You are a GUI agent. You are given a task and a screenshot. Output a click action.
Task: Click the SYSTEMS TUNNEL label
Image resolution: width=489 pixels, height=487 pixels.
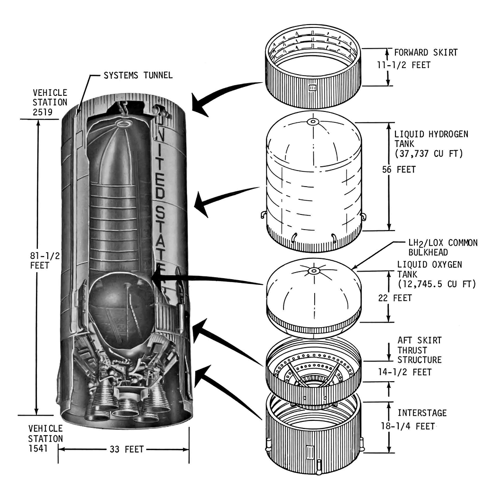pyautogui.click(x=138, y=75)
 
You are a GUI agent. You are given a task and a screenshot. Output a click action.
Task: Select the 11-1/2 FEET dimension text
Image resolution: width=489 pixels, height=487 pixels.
pyautogui.click(x=410, y=65)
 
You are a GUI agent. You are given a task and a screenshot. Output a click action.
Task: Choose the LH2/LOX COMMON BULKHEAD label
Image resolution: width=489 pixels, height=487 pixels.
pyautogui.click(x=443, y=248)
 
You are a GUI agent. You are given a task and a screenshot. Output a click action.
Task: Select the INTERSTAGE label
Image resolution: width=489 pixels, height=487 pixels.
pyautogui.click(x=422, y=413)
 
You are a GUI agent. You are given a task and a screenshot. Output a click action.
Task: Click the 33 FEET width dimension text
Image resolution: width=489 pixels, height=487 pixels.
pyautogui.click(x=127, y=449)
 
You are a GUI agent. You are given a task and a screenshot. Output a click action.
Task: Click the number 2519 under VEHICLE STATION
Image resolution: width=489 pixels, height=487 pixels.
pyautogui.click(x=43, y=112)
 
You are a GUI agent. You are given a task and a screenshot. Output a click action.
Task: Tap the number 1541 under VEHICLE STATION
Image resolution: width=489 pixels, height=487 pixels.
pyautogui.click(x=38, y=449)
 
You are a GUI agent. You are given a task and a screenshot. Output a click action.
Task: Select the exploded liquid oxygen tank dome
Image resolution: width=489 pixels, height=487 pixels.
pyautogui.click(x=314, y=293)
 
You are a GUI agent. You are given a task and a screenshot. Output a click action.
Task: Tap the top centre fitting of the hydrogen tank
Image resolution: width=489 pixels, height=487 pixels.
pyautogui.click(x=313, y=121)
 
